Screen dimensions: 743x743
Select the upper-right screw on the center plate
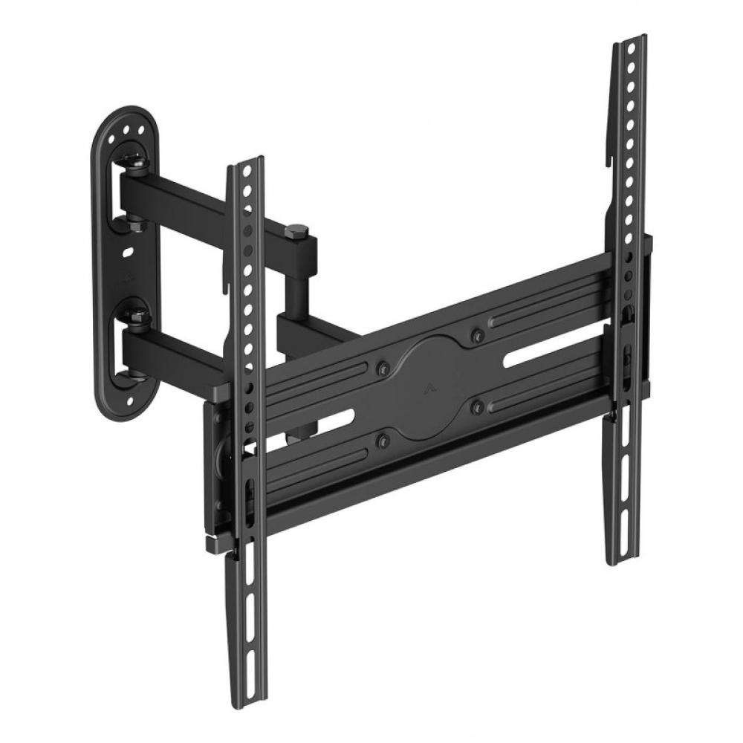[x=476, y=336]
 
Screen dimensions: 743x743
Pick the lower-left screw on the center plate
[x=383, y=441]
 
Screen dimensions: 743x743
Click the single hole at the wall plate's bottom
[x=131, y=403]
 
